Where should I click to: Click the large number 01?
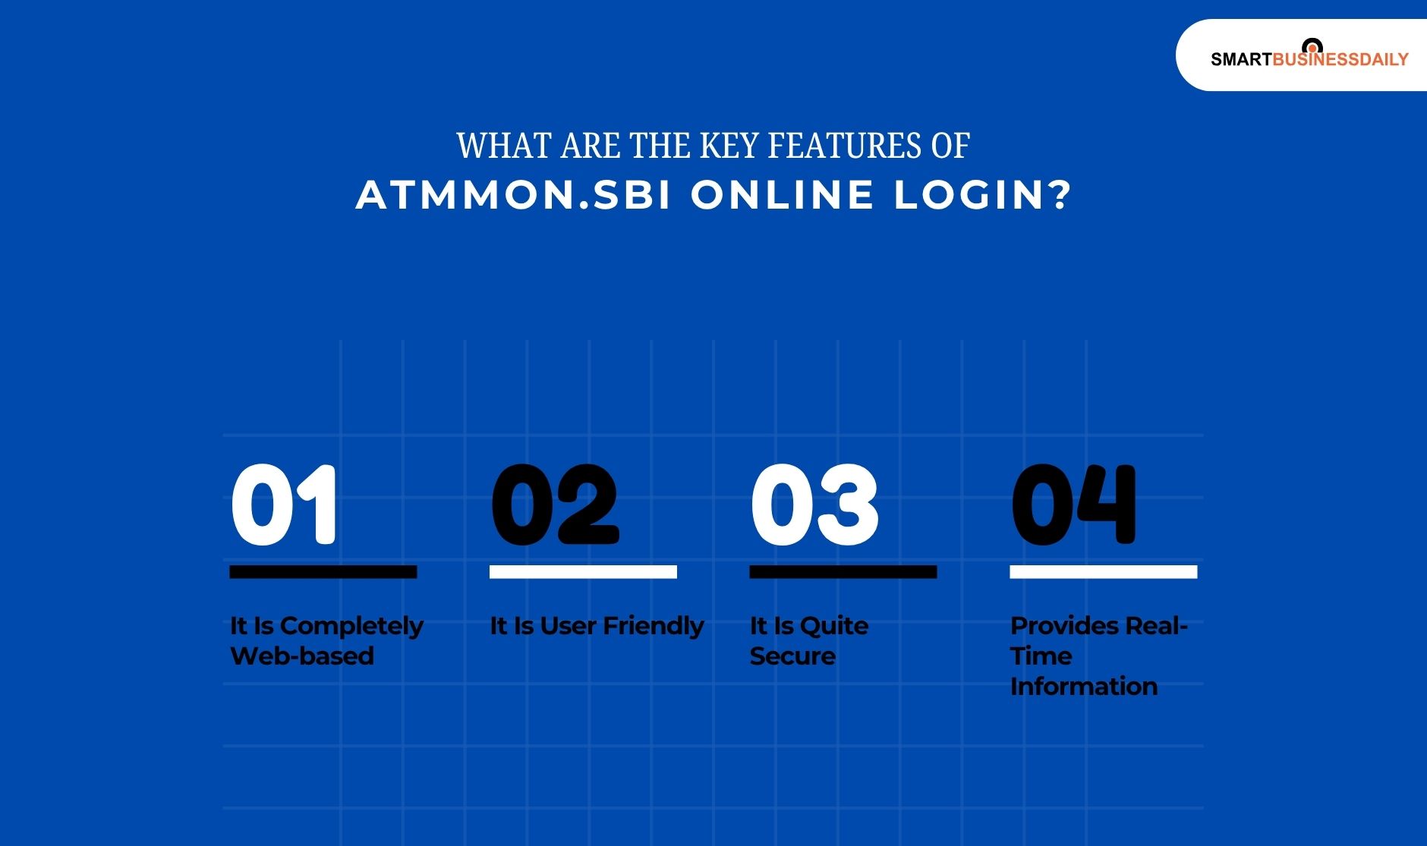pos(284,505)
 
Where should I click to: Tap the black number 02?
pos(555,505)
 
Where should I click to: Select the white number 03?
pos(814,505)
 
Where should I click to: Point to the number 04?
pos(1074,505)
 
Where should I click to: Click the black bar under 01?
pos(323,572)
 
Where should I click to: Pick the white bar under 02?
pos(583,572)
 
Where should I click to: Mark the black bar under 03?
pos(843,572)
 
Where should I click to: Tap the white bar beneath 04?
pos(1103,572)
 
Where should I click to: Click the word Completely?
pos(351,627)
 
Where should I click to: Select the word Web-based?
pos(302,656)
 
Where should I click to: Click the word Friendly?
pos(654,627)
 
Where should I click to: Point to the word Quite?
pos(834,627)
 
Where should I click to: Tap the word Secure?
pos(792,656)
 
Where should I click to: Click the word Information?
pos(1084,687)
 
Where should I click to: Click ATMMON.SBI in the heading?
pos(513,195)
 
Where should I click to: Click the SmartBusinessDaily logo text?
pos(1309,59)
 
